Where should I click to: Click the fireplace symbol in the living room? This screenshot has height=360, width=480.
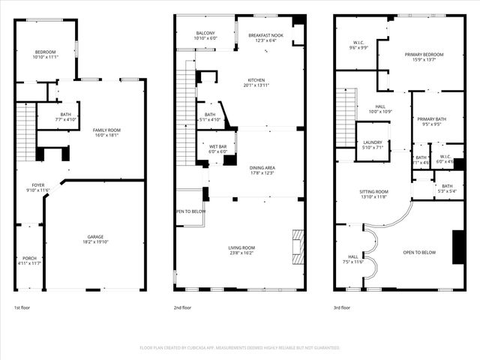pyautogui.click(x=298, y=244)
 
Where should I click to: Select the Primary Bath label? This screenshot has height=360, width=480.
pyautogui.click(x=432, y=122)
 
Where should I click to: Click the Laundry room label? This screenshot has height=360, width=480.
pyautogui.click(x=373, y=145)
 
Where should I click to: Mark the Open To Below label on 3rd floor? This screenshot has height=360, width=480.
pyautogui.click(x=419, y=253)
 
